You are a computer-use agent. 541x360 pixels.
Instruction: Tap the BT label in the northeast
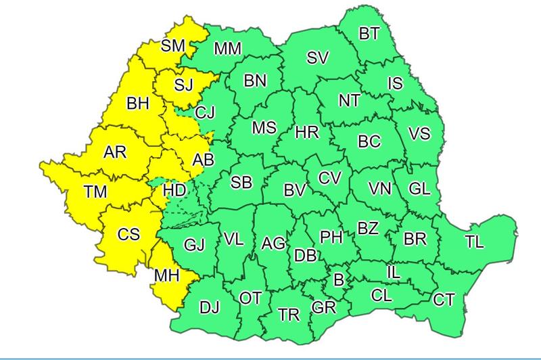point(369,34)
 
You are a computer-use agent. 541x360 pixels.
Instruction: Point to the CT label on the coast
point(444,298)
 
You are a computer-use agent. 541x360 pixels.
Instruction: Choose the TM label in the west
point(95,193)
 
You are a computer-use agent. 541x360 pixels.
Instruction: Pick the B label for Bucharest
point(339,277)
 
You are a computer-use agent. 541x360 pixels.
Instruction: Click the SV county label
point(317,58)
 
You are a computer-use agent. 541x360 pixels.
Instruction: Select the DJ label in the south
point(210,309)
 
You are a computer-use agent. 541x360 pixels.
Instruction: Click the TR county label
point(289,315)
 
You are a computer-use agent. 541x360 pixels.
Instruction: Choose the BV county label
point(296,192)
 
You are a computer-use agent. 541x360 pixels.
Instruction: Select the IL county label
point(394,272)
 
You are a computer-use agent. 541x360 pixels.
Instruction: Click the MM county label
point(228,49)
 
